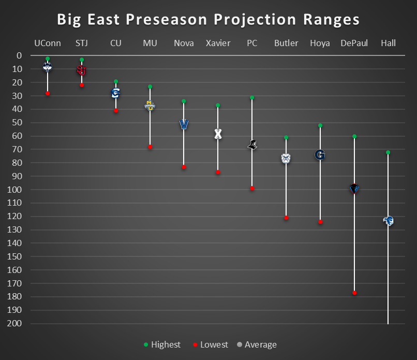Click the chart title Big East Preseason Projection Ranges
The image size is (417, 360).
pos(208,20)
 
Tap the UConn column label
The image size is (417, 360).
pos(47,43)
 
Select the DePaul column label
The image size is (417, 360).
pos(354,43)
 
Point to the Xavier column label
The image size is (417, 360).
pos(218,43)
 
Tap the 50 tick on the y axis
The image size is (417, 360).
pos(17,122)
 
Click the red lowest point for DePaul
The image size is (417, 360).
pos(354,293)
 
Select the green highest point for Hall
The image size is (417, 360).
pos(388,152)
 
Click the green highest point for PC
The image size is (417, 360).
pos(252,97)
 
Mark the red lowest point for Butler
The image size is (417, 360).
pos(286,218)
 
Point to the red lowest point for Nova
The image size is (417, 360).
pos(184,167)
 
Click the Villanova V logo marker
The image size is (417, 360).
pos(184,124)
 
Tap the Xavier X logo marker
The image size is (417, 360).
pos(218,134)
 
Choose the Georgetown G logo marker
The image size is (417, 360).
pos(320,154)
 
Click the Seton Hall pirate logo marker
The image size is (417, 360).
pos(388,221)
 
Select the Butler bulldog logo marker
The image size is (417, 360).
pos(286,159)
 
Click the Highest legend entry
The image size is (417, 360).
pos(162,345)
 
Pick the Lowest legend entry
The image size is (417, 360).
pos(211,345)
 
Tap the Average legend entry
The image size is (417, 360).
pos(257,345)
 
